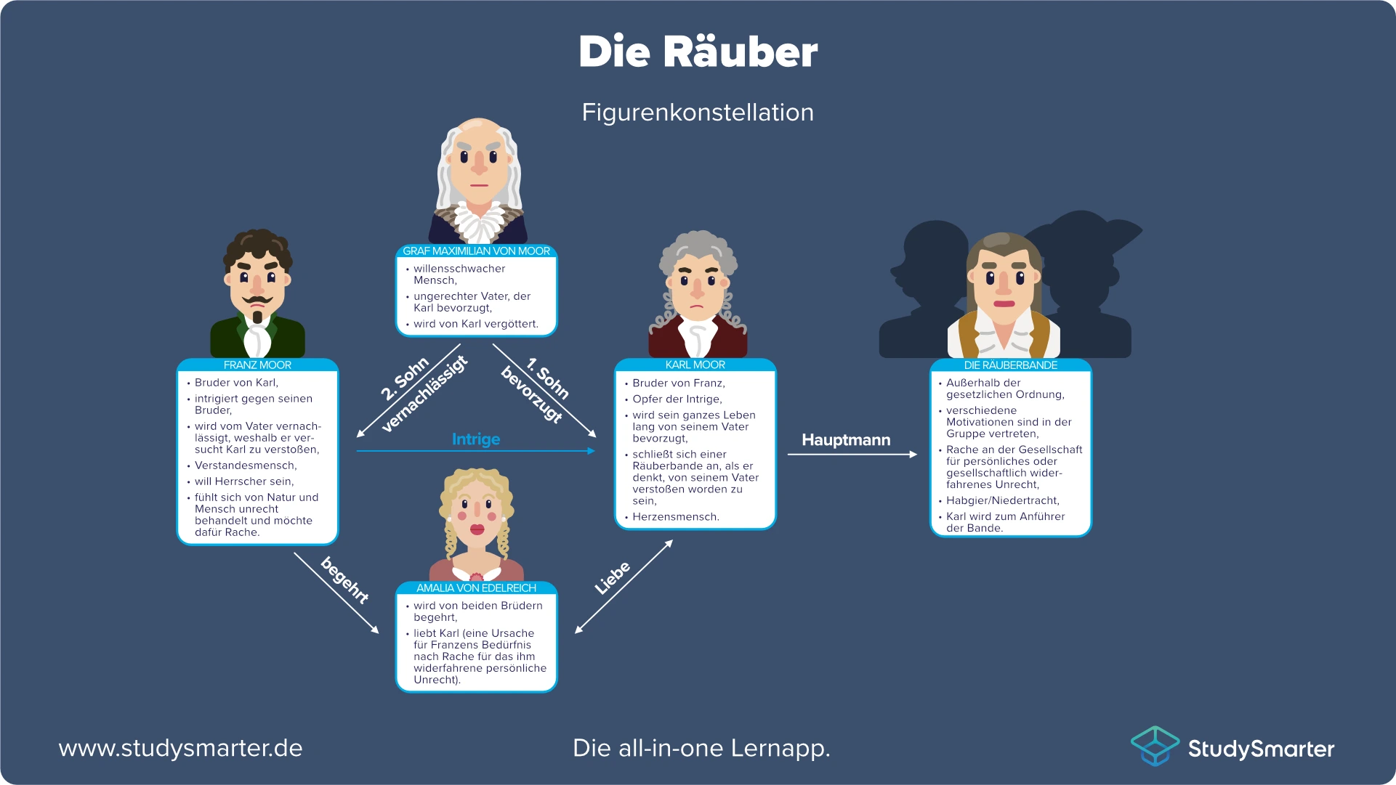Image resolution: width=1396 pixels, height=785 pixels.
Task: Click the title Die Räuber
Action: pyautogui.click(x=698, y=52)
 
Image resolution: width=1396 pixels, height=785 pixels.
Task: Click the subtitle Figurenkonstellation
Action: pyautogui.click(x=698, y=113)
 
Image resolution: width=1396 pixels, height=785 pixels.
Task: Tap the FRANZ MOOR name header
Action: pyautogui.click(x=257, y=365)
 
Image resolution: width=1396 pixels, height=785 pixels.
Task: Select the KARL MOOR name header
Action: pyautogui.click(x=695, y=365)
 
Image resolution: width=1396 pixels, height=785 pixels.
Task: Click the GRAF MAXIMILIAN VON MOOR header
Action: pyautogui.click(x=476, y=251)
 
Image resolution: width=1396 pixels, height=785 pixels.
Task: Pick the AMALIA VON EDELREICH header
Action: pyautogui.click(x=476, y=588)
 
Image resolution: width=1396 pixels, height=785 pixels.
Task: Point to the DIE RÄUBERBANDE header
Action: pyautogui.click(x=1010, y=365)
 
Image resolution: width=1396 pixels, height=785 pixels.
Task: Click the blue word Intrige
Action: pyautogui.click(x=476, y=439)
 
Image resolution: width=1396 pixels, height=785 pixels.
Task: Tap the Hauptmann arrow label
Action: pyautogui.click(x=846, y=439)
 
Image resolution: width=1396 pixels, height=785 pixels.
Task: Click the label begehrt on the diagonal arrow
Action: pyautogui.click(x=345, y=579)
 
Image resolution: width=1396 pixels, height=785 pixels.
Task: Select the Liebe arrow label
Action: pyautogui.click(x=613, y=578)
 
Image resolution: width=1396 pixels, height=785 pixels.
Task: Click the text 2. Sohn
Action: pyautogui.click(x=405, y=379)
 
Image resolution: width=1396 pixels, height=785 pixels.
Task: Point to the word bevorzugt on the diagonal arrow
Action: pyautogui.click(x=532, y=395)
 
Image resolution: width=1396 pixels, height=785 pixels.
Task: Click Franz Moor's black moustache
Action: pyautogui.click(x=257, y=300)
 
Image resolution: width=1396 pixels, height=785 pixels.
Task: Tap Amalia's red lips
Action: pyautogui.click(x=477, y=529)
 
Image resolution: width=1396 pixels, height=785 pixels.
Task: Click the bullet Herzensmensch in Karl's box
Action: pyautogui.click(x=675, y=517)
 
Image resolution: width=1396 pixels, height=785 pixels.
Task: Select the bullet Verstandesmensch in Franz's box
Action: pyautogui.click(x=246, y=465)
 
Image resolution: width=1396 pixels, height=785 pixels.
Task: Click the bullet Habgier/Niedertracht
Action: pyautogui.click(x=1002, y=500)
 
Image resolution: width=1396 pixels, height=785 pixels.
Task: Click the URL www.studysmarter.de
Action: pyautogui.click(x=180, y=748)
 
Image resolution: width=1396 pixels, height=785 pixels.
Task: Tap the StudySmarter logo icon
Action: pyautogui.click(x=1154, y=746)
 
